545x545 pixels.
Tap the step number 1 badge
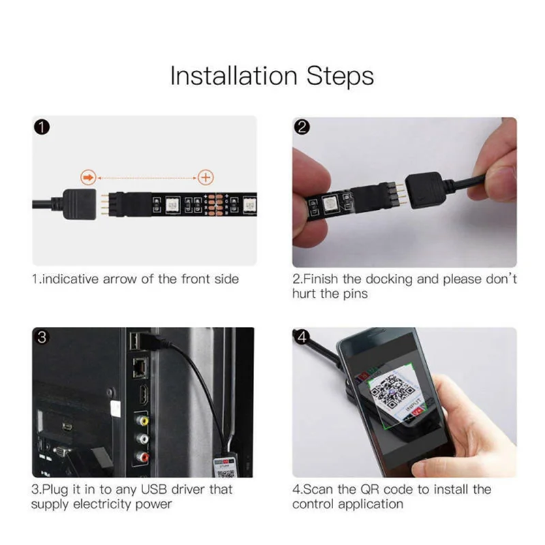pyautogui.click(x=41, y=127)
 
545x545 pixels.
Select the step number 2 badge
pyautogui.click(x=302, y=127)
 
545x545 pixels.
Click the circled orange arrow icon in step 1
pyautogui.click(x=87, y=178)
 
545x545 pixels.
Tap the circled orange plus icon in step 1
pyautogui.click(x=205, y=178)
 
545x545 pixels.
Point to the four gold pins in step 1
pyautogui.click(x=102, y=203)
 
